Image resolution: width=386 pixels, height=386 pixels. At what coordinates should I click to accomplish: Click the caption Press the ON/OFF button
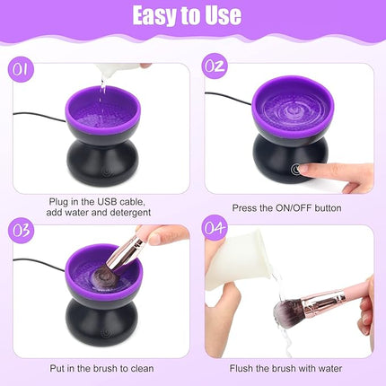point(287,207)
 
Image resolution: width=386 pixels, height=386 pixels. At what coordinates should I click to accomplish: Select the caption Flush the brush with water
point(287,368)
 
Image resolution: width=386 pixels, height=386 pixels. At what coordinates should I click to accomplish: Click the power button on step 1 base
point(105,168)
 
